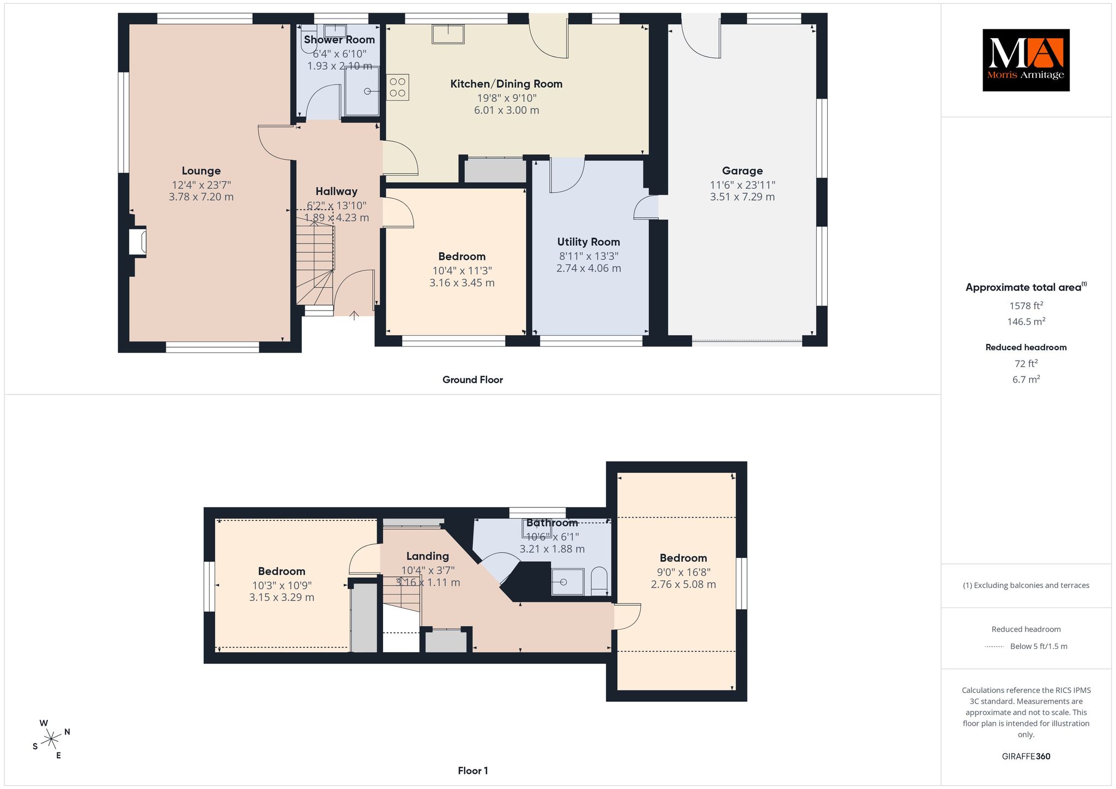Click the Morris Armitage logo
point(1026,60)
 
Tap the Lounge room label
point(201,171)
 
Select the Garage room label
point(742,171)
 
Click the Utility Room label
point(589,242)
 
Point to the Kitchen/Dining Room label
point(506,84)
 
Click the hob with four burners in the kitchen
point(397,87)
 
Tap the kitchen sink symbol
point(448,34)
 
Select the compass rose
point(51,739)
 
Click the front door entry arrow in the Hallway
point(354,315)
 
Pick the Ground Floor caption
point(472,380)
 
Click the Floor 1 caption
point(473,770)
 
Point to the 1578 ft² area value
point(1026,306)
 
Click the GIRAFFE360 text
point(1026,756)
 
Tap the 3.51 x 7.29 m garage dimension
point(742,197)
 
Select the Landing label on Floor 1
point(428,556)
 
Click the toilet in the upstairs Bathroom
point(599,581)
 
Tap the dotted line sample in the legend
point(994,647)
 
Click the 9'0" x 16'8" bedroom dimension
point(683,572)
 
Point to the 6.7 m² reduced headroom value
point(1026,379)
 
